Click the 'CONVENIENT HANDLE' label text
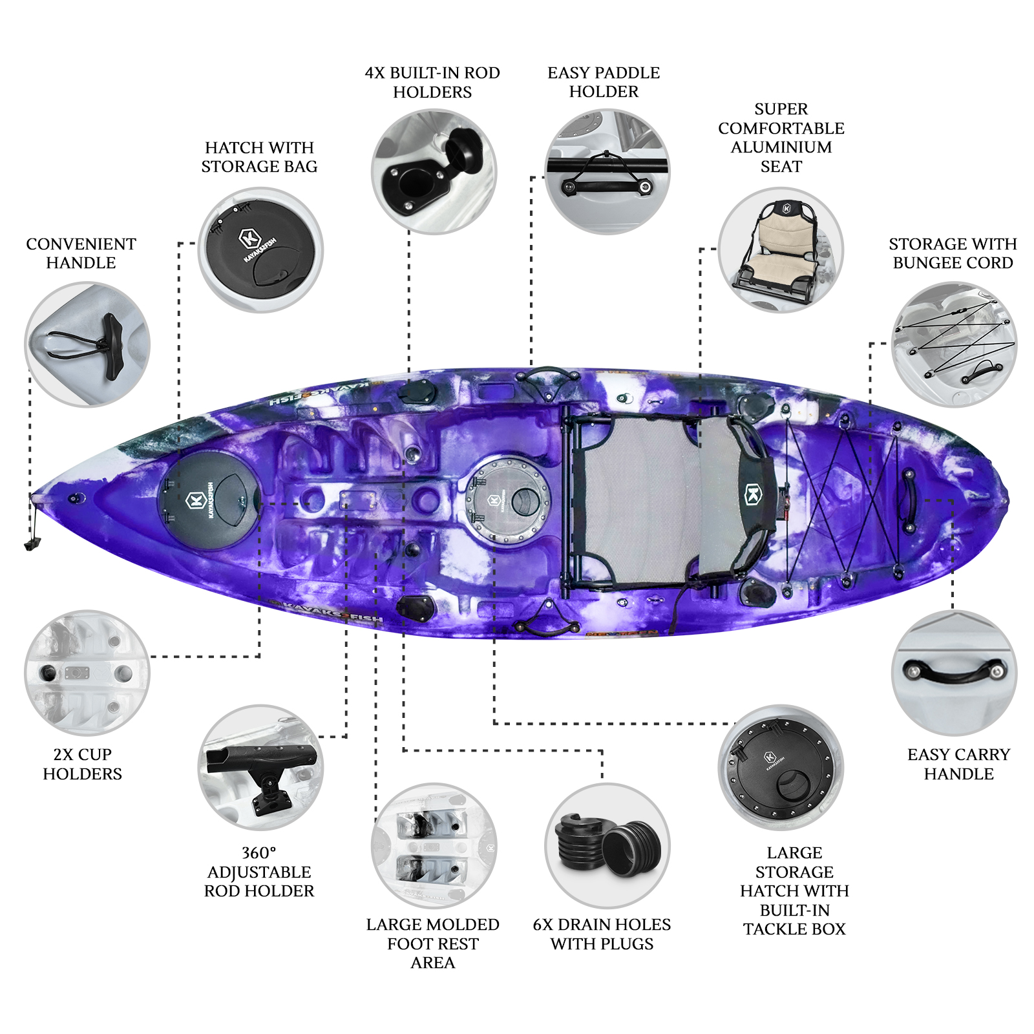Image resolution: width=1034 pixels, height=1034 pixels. coord(81,253)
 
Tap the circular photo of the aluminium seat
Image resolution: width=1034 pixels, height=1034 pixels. coord(781,250)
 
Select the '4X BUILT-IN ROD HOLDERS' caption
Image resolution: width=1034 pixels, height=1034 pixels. coord(432,82)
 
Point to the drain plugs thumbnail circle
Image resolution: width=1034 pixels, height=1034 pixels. coord(607,845)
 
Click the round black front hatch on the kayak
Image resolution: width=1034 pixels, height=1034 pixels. coord(208,501)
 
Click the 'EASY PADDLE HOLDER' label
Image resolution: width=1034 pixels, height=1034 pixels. coord(604,82)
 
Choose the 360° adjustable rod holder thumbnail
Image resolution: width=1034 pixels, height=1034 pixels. coord(260,767)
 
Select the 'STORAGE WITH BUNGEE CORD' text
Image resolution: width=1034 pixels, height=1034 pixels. coord(953,253)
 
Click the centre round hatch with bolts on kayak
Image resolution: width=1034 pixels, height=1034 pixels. coord(508,501)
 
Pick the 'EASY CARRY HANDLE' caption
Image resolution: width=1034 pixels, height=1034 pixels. coord(958,764)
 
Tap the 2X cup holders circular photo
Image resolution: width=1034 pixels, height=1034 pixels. coord(87,673)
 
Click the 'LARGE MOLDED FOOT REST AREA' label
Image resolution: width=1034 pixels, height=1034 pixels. coord(432,944)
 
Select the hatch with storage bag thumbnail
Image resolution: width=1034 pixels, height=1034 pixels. coord(260,250)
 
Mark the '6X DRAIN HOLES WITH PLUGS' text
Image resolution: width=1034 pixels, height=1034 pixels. coord(602,934)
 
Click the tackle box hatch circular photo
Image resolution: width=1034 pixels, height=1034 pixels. coord(781,767)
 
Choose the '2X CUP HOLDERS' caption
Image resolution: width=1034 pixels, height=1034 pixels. coord(82,764)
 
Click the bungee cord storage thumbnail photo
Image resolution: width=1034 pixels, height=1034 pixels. coord(954,344)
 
